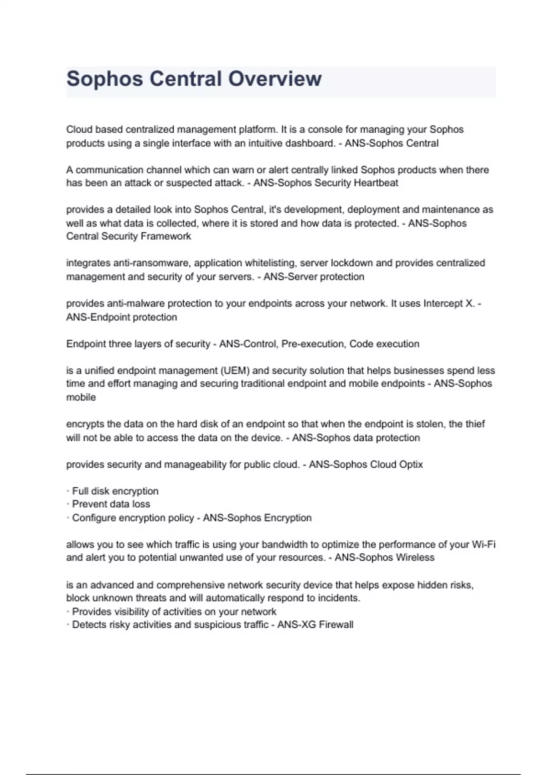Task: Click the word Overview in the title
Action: [275, 79]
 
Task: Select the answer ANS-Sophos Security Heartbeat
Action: [325, 183]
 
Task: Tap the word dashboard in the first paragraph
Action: [310, 143]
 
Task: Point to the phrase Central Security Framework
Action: [129, 236]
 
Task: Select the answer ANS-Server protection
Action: [314, 277]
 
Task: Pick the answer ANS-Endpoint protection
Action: [122, 317]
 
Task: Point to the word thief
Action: [474, 424]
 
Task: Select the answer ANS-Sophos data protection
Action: [356, 438]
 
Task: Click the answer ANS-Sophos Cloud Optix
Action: [366, 465]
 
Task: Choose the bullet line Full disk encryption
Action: [115, 491]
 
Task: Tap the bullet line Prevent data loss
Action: [111, 504]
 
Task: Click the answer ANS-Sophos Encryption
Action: [257, 518]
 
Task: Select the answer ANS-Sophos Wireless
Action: [384, 558]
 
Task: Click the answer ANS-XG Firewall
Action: [315, 625]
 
